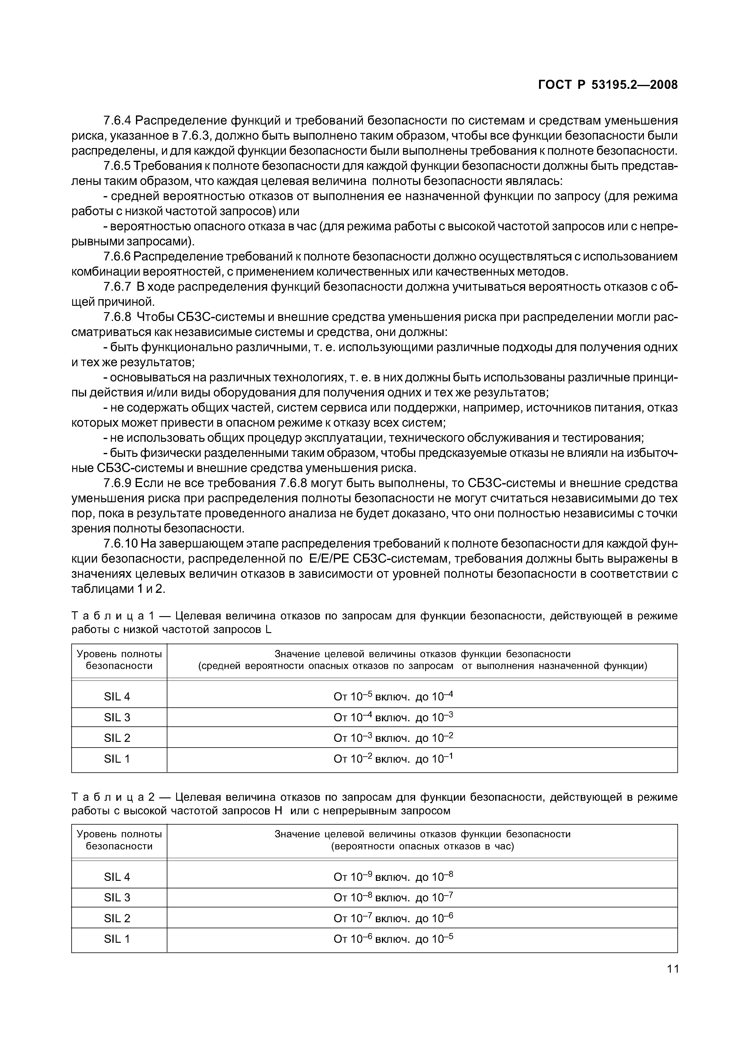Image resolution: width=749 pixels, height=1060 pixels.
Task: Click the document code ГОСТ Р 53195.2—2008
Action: click(x=608, y=85)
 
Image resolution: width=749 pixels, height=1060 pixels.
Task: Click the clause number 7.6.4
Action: click(x=117, y=121)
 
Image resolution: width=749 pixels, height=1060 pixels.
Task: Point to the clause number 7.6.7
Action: click(x=117, y=287)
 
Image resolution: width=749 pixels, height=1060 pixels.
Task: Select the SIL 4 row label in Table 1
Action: click(x=117, y=696)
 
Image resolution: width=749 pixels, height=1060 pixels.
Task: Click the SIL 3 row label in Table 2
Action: click(x=117, y=897)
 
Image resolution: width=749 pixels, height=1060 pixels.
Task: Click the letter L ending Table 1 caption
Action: click(x=269, y=629)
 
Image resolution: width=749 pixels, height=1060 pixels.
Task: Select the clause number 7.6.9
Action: click(x=117, y=483)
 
